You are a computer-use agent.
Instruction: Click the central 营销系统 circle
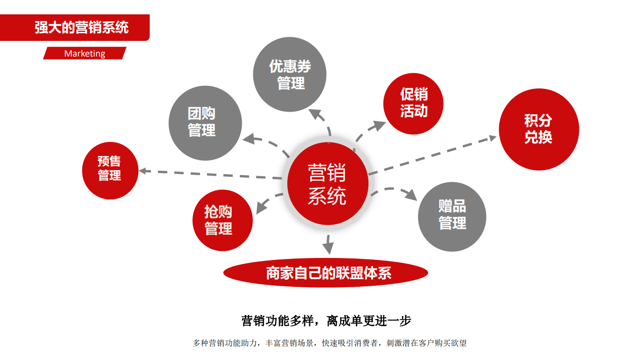328,183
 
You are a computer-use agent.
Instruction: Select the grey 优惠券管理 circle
290,74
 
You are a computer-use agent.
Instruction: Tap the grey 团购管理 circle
205,123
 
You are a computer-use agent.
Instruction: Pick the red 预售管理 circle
110,171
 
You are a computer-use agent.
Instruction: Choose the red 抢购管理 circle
223,220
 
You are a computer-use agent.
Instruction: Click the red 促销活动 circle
413,104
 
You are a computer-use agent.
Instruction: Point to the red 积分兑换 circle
539,129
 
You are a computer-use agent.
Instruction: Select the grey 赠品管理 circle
452,217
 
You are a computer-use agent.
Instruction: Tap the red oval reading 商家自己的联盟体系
326,273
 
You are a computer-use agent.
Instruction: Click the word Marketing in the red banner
85,54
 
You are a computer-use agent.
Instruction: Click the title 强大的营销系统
82,27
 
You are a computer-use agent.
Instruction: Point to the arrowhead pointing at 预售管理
144,171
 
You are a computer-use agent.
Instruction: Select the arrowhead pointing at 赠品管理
411,194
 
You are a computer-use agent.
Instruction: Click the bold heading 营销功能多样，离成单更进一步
326,321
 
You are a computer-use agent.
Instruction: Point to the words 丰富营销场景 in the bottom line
289,343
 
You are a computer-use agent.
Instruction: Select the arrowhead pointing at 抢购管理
261,207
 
